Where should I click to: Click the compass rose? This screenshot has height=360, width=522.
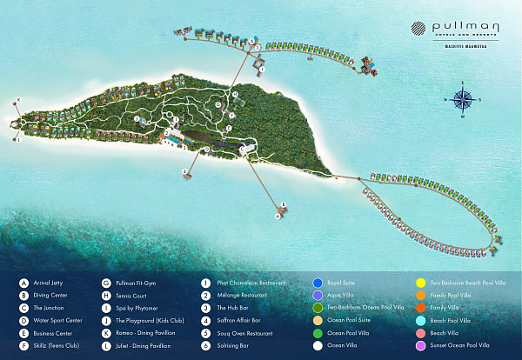(x=464, y=100)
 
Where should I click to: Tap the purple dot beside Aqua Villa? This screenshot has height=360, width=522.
(x=317, y=295)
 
